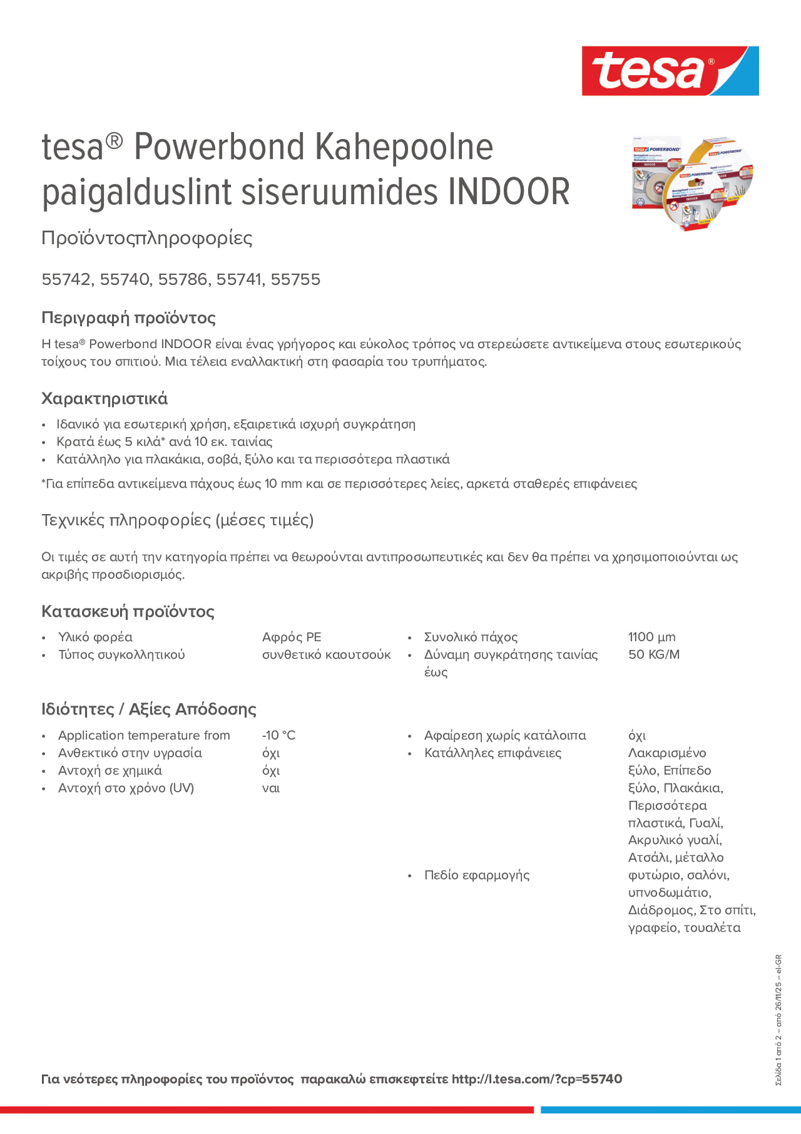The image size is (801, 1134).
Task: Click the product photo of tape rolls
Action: (x=692, y=183)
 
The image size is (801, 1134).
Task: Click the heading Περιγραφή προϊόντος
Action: (x=128, y=318)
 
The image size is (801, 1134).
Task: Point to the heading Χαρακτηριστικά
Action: (x=104, y=399)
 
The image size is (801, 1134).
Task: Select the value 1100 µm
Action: (x=651, y=637)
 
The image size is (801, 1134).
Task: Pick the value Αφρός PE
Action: (x=291, y=637)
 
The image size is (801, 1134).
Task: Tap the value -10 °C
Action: (x=278, y=735)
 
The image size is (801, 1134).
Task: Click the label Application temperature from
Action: (x=144, y=735)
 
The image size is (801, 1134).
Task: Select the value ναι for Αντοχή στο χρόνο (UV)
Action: (x=271, y=788)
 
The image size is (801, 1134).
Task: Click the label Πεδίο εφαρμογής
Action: (x=477, y=875)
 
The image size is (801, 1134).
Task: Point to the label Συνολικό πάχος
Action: (x=471, y=637)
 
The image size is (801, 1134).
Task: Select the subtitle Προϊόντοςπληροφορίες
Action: (x=147, y=238)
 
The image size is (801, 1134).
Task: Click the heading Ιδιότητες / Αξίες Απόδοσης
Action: (x=149, y=709)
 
